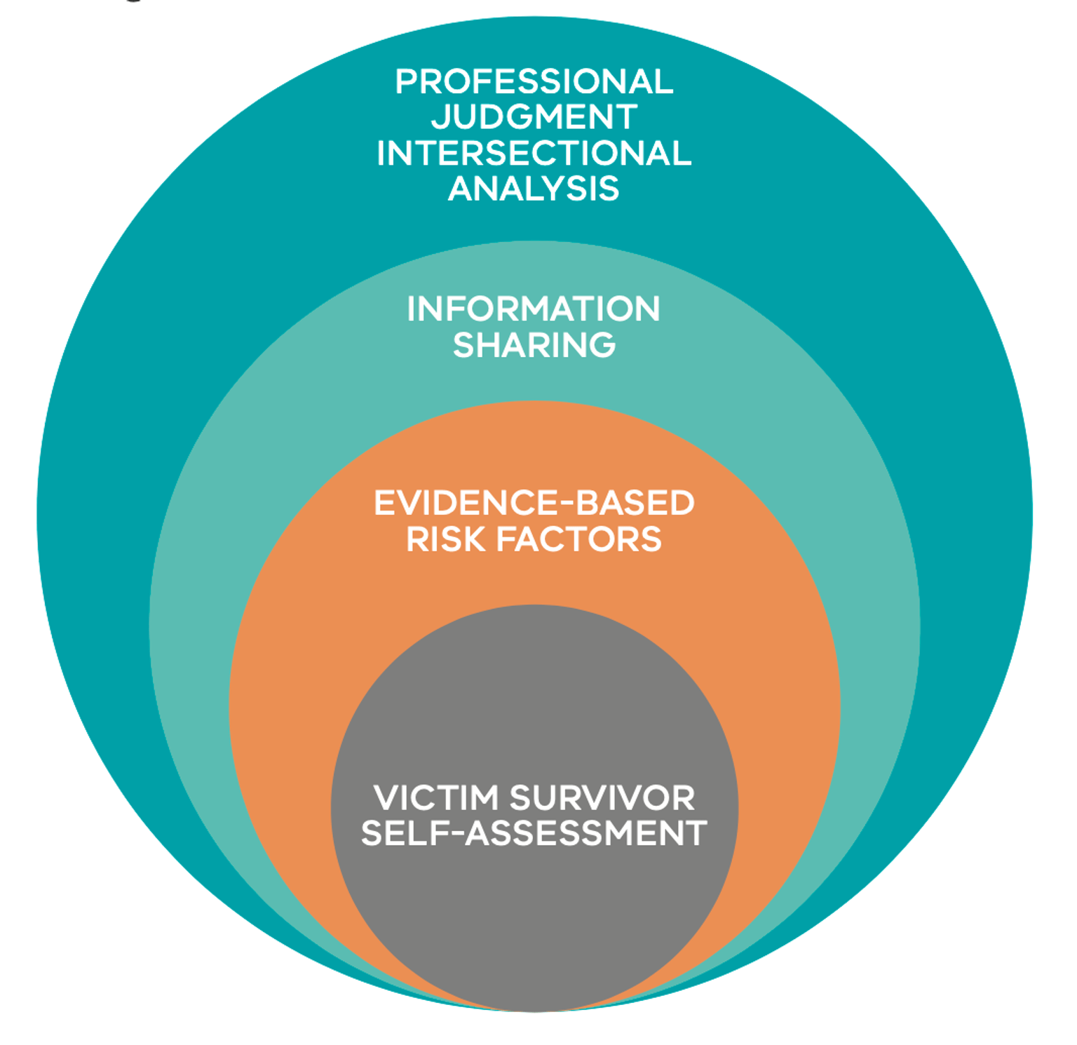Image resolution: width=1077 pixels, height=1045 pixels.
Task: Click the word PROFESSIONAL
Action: click(534, 82)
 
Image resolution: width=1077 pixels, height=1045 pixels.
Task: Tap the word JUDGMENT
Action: click(534, 117)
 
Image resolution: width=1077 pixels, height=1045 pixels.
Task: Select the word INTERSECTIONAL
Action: click(534, 154)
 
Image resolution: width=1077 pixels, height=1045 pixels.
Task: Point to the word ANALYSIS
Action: click(534, 189)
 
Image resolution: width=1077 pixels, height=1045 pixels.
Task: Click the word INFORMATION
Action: click(534, 309)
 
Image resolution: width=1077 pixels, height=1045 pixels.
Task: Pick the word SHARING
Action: click(534, 345)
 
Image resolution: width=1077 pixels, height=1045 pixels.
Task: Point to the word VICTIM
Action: click(436, 798)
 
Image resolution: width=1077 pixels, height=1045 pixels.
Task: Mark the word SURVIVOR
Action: click(602, 798)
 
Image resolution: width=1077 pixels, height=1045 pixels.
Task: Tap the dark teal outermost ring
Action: click(91, 491)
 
